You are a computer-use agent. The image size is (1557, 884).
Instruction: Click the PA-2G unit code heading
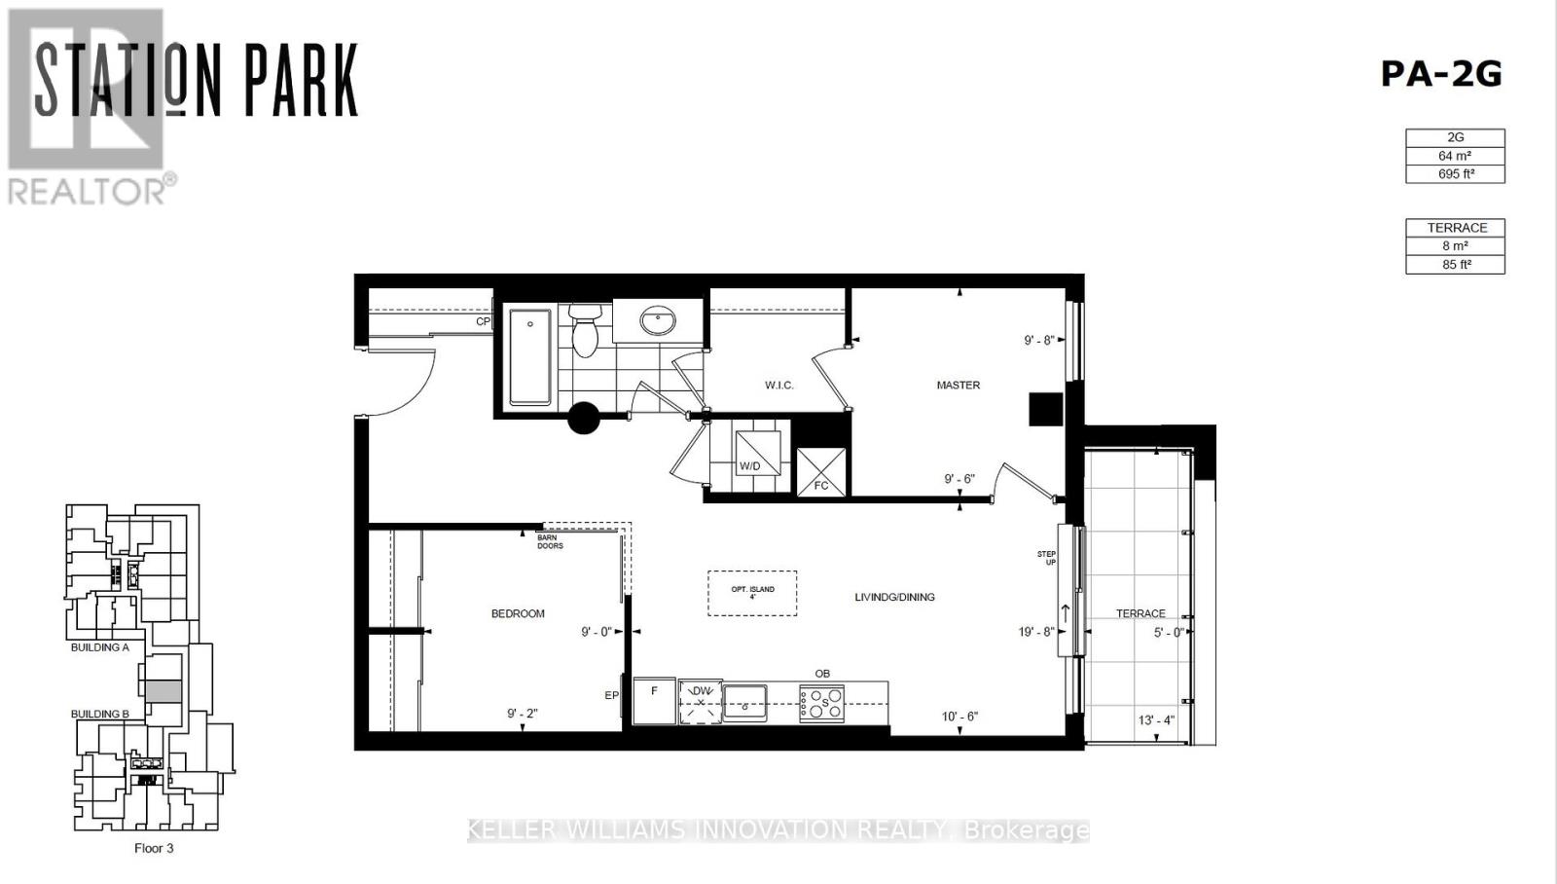pos(1441,74)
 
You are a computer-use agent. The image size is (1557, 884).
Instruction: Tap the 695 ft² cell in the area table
pos(1455,174)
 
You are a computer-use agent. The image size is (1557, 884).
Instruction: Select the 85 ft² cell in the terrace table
pos(1456,265)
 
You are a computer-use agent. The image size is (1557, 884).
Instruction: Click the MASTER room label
pos(958,386)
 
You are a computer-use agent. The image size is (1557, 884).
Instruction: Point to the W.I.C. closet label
pos(778,386)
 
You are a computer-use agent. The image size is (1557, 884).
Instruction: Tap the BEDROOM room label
pos(518,613)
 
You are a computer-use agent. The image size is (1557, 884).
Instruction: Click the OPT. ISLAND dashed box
pos(752,592)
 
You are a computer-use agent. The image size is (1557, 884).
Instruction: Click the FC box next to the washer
pos(821,473)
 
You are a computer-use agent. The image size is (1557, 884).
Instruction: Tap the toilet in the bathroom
pos(585,330)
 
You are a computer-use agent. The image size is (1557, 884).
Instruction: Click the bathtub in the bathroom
pos(530,356)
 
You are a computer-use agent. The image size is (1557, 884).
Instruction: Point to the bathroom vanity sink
pos(659,321)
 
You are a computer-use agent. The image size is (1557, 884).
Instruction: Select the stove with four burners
pos(822,703)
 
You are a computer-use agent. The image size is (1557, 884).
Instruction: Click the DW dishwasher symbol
pos(701,702)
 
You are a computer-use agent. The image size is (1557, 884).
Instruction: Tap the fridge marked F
pos(655,701)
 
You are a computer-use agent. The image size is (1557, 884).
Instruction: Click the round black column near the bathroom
pos(584,419)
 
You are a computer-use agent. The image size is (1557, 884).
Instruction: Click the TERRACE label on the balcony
pos(1141,613)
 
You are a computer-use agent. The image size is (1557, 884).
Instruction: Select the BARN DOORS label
pos(550,542)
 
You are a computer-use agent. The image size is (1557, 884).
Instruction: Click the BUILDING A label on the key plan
pos(99,647)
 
